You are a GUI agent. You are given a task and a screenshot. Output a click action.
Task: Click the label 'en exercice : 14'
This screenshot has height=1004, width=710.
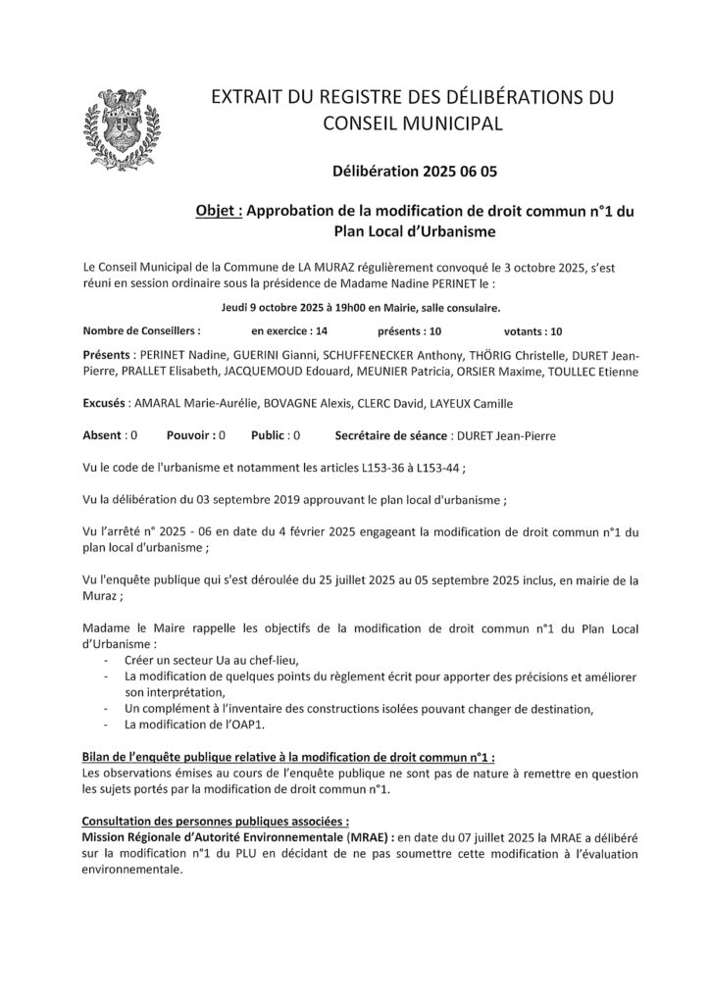coord(290,331)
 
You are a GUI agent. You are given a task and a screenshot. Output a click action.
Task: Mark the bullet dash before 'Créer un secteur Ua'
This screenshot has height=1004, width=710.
coord(105,660)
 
